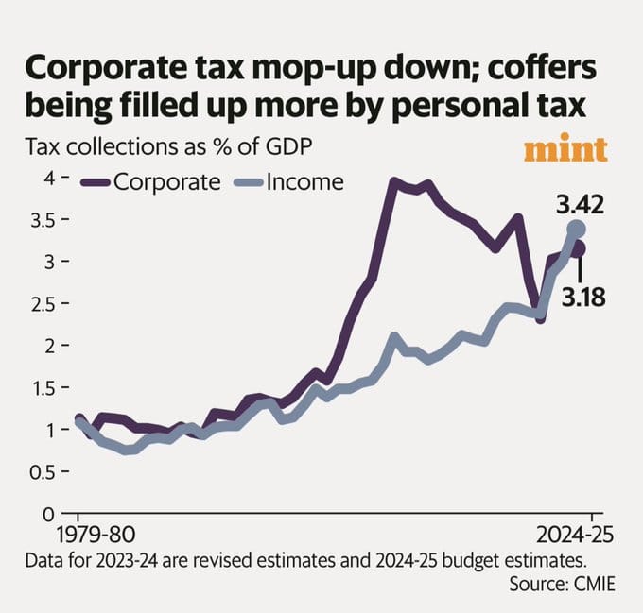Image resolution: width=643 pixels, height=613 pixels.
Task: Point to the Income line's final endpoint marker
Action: (x=577, y=230)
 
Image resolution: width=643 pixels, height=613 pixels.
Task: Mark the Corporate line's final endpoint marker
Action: (x=577, y=249)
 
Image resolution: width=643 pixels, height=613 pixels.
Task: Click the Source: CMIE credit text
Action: (x=562, y=585)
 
